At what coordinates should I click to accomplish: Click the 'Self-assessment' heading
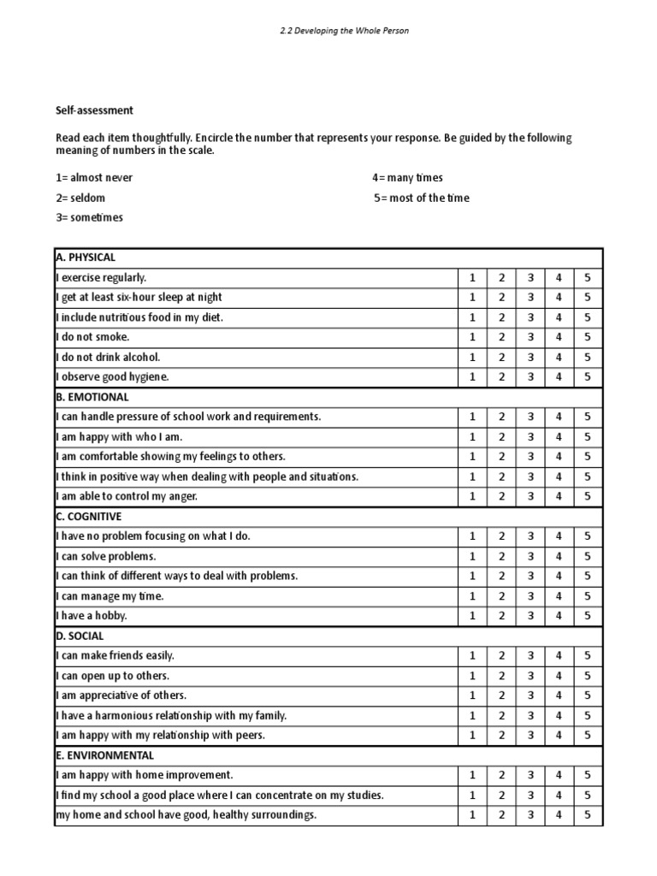(94, 110)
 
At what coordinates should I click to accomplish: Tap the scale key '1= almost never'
(94, 178)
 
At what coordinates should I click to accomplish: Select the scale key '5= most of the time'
(422, 198)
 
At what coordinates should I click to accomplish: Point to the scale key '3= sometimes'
(89, 217)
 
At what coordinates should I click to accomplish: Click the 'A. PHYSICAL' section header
(85, 257)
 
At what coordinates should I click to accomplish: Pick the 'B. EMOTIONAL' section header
(92, 397)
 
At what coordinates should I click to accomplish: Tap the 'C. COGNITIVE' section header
(88, 517)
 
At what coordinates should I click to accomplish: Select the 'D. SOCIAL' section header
(80, 636)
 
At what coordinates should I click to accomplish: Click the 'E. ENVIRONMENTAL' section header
(104, 755)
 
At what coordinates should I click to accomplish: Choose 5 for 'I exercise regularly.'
(588, 277)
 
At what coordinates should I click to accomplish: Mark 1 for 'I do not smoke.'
(471, 337)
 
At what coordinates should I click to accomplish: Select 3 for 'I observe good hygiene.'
(530, 376)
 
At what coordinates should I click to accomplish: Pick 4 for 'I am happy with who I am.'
(559, 436)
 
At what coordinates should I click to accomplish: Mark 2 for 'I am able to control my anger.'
(502, 496)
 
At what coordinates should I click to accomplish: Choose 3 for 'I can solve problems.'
(530, 556)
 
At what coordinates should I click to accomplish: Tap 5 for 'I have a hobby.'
(588, 616)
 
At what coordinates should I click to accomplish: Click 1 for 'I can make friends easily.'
(471, 655)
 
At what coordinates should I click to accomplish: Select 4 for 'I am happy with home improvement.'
(559, 775)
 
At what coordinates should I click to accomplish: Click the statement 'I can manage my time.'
(109, 596)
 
